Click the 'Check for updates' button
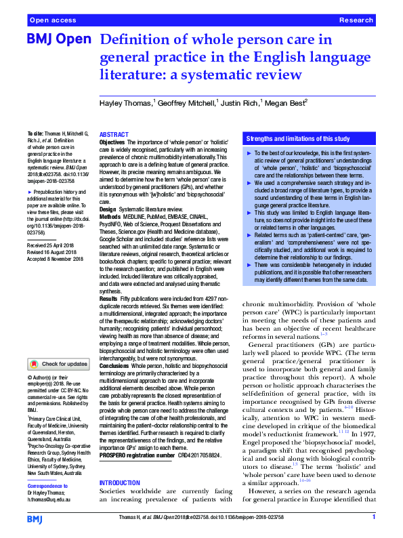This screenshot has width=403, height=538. [x=58, y=364]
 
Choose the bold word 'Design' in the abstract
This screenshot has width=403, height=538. [x=108, y=209]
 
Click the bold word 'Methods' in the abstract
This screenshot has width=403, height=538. [x=110, y=217]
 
